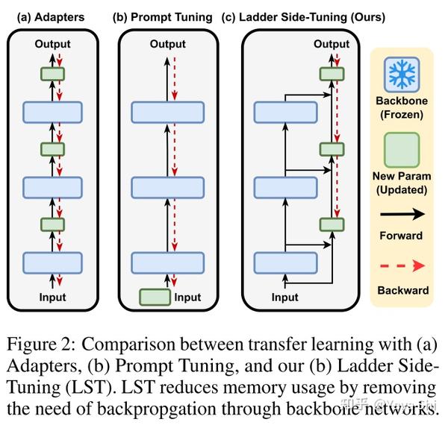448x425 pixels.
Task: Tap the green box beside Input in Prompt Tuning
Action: coord(155,297)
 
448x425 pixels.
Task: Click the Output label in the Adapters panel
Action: coord(52,45)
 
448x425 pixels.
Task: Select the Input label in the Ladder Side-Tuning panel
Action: coord(284,297)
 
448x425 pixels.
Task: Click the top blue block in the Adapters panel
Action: coord(52,111)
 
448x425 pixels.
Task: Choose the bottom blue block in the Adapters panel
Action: coord(52,262)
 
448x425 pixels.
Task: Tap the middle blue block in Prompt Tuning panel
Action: coord(167,186)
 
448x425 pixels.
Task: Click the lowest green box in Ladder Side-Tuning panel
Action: coord(331,224)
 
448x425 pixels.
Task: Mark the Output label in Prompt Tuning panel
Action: coord(167,45)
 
